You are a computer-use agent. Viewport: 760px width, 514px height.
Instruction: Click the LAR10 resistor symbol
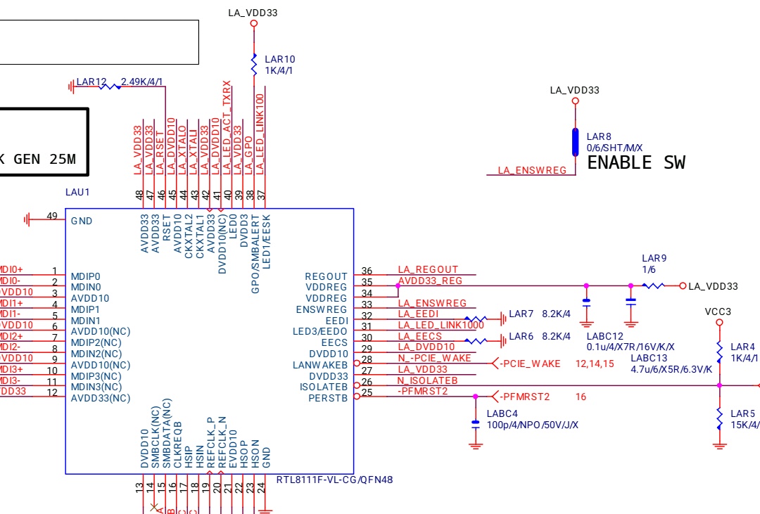pos(255,65)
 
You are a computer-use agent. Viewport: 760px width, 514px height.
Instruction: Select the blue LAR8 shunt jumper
pos(575,141)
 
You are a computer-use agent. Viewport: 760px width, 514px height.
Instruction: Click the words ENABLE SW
pos(635,163)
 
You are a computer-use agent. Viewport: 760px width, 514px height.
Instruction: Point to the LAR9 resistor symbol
pos(654,285)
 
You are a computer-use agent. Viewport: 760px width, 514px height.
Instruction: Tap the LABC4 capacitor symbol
pos(476,423)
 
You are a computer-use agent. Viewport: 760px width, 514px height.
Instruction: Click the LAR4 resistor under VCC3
pos(719,349)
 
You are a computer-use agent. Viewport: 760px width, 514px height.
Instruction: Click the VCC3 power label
pos(718,311)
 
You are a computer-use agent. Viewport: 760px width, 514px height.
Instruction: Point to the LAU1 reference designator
pos(77,191)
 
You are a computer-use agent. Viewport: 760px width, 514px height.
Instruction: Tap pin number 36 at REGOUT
pos(367,271)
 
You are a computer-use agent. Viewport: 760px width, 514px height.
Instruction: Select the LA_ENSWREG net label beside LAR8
pos(532,170)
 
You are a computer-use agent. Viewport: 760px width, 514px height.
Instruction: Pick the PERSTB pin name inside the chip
pos(328,398)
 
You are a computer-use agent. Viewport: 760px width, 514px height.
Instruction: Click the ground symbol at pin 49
pos(28,219)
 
